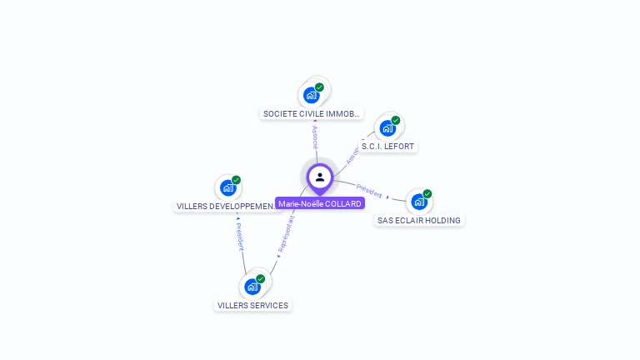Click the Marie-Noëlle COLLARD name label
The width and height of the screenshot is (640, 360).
click(320, 203)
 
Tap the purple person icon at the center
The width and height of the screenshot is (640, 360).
click(320, 177)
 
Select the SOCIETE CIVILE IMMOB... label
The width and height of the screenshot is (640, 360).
click(312, 113)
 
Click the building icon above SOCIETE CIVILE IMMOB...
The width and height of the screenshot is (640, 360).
click(312, 95)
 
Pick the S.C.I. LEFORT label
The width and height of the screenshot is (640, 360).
click(387, 147)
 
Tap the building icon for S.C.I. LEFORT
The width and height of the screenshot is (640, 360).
click(387, 128)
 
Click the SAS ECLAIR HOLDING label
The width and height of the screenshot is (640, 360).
click(419, 221)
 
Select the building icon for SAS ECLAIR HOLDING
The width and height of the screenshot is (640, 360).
click(418, 202)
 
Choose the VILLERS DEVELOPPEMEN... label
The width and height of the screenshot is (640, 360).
click(226, 206)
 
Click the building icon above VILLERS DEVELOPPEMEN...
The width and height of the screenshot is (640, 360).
click(227, 188)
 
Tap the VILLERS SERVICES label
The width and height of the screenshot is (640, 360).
click(252, 305)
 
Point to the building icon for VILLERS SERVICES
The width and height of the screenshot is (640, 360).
click(252, 287)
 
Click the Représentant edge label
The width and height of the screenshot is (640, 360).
click(286, 235)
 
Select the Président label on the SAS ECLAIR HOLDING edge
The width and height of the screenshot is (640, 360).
click(369, 190)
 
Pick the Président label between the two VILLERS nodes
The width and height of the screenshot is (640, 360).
click(239, 237)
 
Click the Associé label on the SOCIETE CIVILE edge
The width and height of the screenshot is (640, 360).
click(315, 137)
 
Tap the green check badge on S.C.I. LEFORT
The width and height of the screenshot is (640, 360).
click(396, 120)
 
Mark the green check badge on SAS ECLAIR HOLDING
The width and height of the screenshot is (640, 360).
click(427, 193)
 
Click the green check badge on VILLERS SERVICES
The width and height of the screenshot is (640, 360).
click(261, 279)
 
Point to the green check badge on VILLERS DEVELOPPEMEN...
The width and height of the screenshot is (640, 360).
click(237, 180)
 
